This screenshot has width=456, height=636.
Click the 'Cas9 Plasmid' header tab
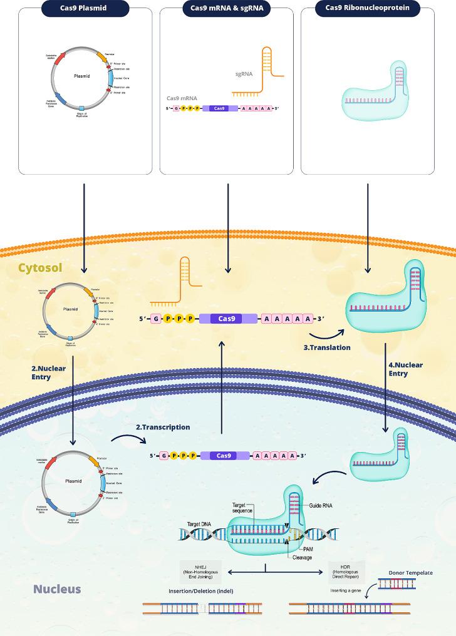pyautogui.click(x=86, y=8)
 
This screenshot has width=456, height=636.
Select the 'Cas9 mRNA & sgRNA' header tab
pyautogui.click(x=227, y=8)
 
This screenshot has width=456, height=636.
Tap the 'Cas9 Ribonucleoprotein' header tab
pyautogui.click(x=368, y=8)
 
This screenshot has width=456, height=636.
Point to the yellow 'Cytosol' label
pyautogui.click(x=39, y=268)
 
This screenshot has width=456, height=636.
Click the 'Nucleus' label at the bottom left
pyautogui.click(x=57, y=589)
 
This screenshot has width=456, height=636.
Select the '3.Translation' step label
pyautogui.click(x=327, y=347)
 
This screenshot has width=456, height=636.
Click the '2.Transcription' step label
pyautogui.click(x=163, y=428)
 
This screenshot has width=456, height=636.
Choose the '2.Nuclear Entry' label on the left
pyautogui.click(x=49, y=373)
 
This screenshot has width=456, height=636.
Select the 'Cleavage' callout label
pyautogui.click(x=297, y=558)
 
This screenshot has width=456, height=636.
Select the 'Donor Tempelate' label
pyautogui.click(x=410, y=573)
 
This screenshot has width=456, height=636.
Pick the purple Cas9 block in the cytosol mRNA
pyautogui.click(x=227, y=319)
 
